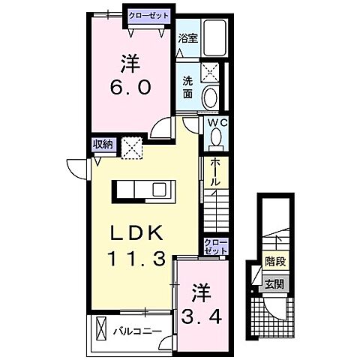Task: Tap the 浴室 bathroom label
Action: (x=187, y=37)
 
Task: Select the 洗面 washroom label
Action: (x=187, y=88)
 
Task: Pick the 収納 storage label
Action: (x=103, y=145)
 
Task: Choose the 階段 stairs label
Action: (x=274, y=263)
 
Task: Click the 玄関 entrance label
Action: (x=274, y=283)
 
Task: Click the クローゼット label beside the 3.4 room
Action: (x=214, y=247)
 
